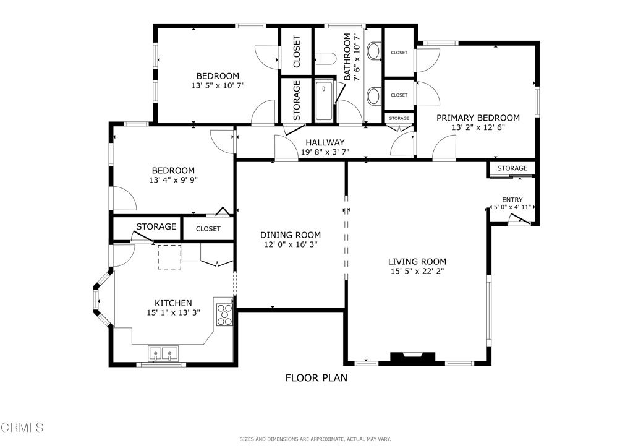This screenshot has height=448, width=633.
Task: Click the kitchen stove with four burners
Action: tap(224, 314)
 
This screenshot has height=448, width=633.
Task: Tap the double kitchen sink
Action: tap(163, 354)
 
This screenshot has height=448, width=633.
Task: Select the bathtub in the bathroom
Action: tap(324, 101)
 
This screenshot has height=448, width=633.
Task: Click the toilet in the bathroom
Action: tap(325, 59)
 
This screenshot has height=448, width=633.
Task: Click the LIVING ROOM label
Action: tap(417, 262)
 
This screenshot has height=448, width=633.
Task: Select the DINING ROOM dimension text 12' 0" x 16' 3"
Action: tap(290, 244)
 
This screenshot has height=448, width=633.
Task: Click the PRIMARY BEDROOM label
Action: tap(478, 118)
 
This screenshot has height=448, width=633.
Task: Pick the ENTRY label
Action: tap(512, 199)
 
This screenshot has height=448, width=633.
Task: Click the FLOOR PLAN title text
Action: tap(316, 378)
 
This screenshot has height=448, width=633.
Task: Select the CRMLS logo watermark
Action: tap(22, 428)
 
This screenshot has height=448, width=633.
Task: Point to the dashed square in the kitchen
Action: tap(169, 257)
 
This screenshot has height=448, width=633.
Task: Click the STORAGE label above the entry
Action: tap(512, 168)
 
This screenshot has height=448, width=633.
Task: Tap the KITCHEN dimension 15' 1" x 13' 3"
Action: tap(173, 313)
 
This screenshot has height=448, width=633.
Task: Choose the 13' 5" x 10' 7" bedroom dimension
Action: tap(218, 86)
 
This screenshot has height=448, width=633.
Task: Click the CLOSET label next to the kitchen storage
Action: tap(208, 229)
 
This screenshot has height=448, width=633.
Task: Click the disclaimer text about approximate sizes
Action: tap(315, 439)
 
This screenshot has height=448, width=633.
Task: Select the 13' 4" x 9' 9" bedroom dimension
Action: tap(173, 181)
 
